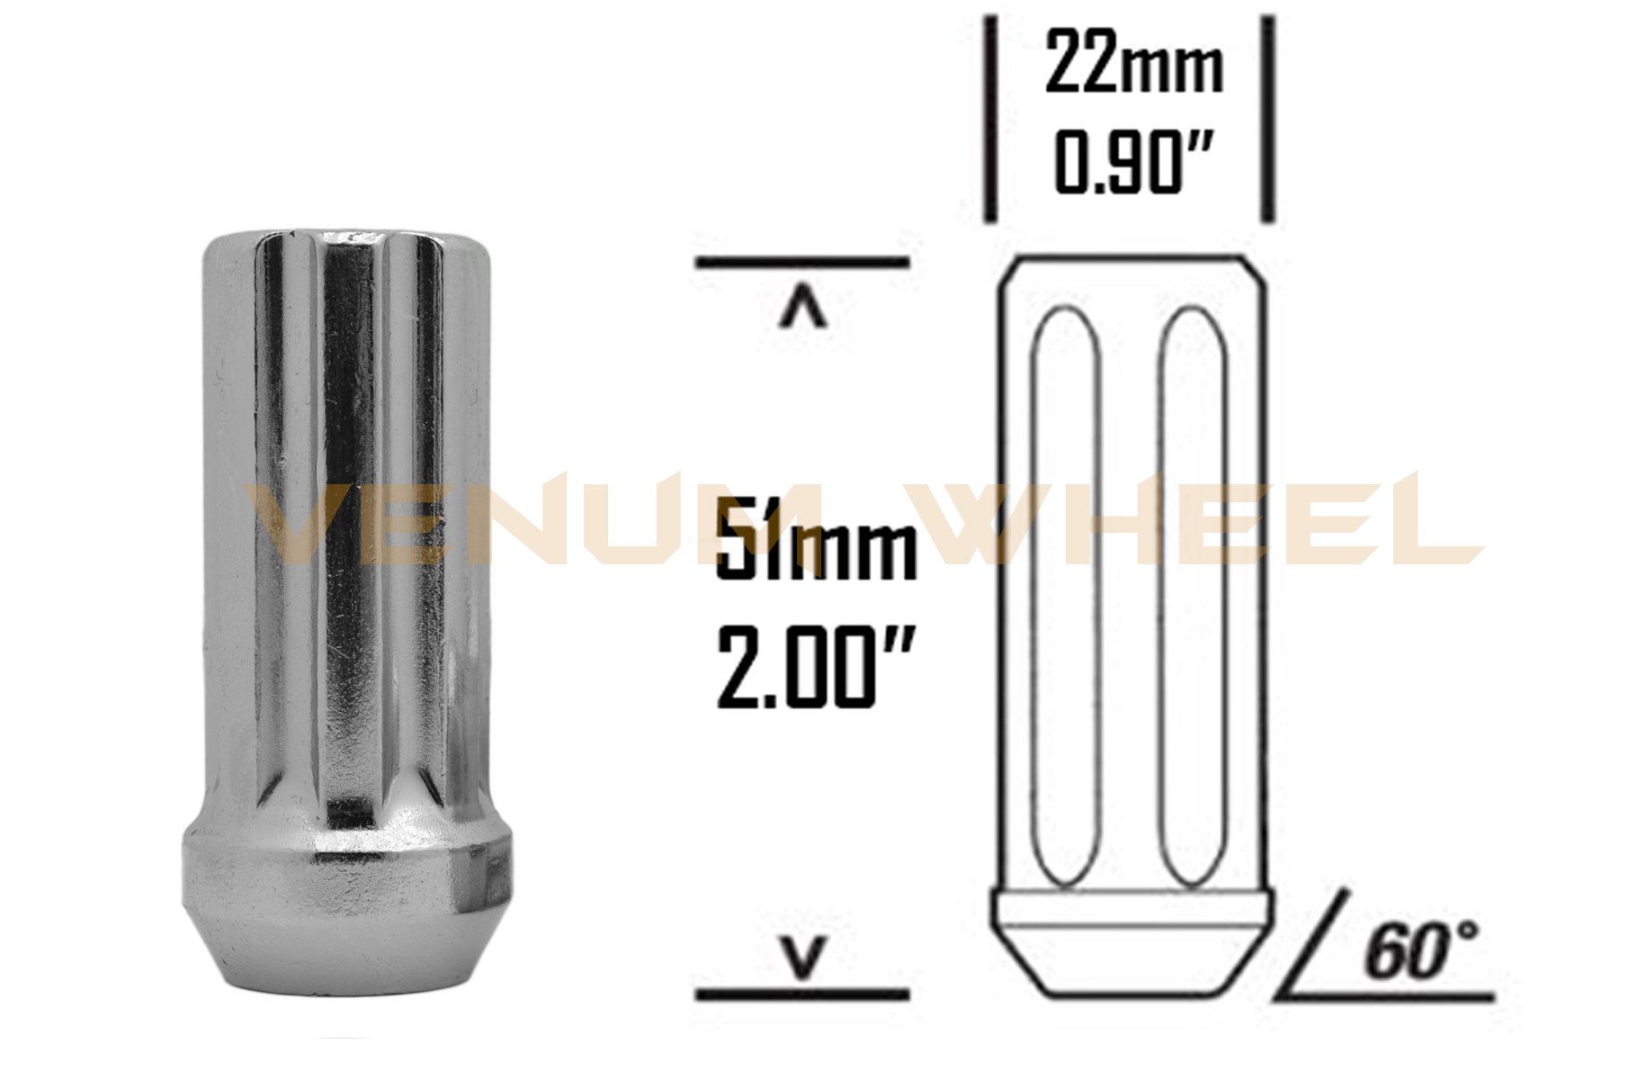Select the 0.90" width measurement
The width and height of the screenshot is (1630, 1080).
tap(1132, 164)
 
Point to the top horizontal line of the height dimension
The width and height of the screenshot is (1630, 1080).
tap(802, 264)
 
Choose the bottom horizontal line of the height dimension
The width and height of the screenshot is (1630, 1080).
tap(802, 994)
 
